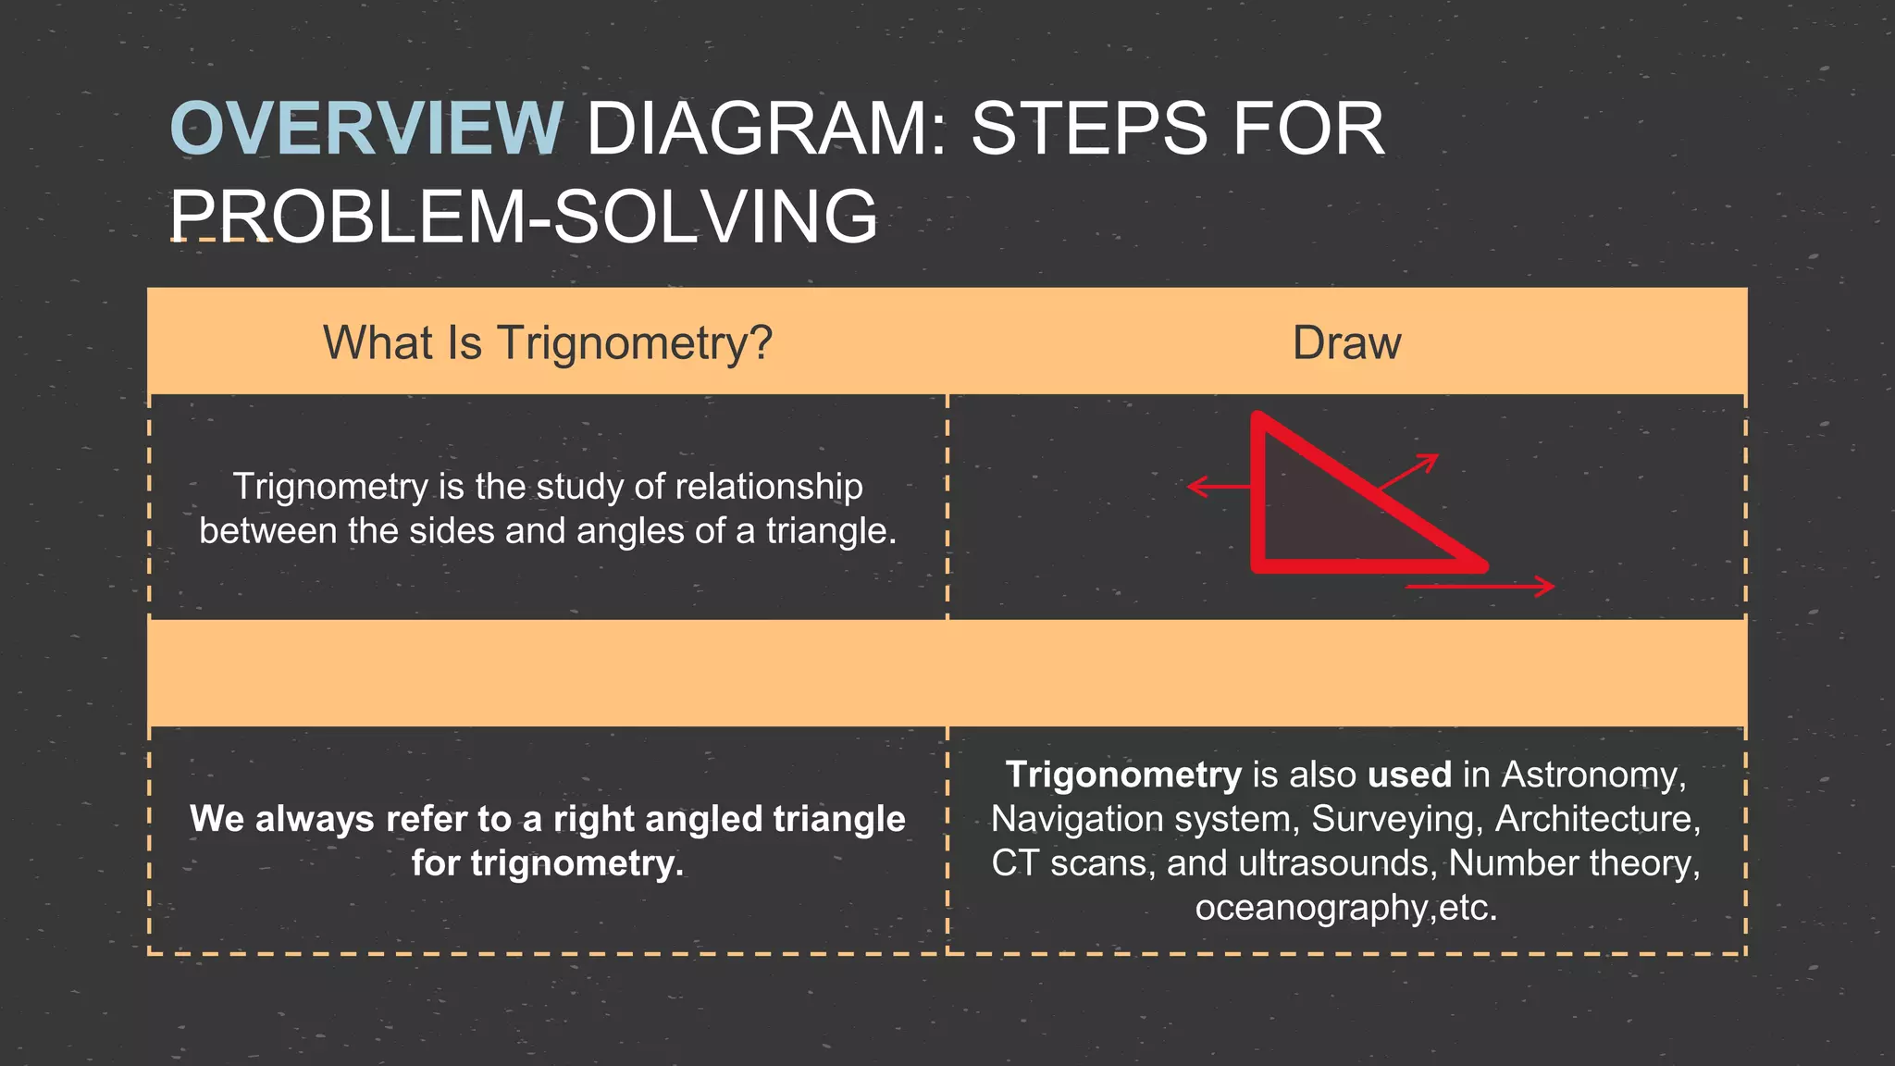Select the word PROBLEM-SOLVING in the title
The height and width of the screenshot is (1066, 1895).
click(x=524, y=217)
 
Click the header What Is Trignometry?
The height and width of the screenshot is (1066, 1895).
click(x=547, y=342)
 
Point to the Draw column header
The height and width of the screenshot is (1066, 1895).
click(x=1346, y=342)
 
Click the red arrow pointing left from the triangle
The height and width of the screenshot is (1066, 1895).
click(x=1218, y=486)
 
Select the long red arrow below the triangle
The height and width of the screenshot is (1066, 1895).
click(x=1479, y=586)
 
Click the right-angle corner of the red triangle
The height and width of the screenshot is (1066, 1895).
click(x=1258, y=565)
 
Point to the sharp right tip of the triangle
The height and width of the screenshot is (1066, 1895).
click(x=1480, y=564)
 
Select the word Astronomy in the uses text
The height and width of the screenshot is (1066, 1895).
click(x=1592, y=775)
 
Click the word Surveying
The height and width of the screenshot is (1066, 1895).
click(x=1397, y=819)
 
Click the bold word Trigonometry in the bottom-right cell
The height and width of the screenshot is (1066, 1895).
click(x=1123, y=775)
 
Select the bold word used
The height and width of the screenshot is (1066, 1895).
click(x=1409, y=775)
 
